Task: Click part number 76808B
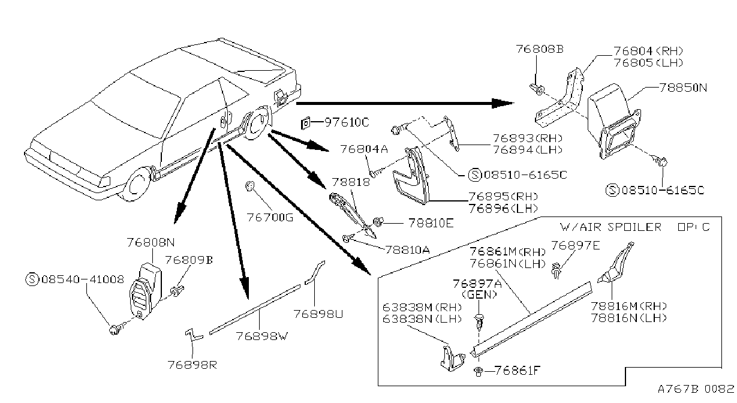point(540,49)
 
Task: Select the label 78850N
point(683,88)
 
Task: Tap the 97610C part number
point(347,122)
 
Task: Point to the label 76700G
point(270,218)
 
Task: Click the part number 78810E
point(431,223)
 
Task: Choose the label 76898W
point(262,336)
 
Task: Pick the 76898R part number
point(192,365)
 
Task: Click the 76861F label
point(518,371)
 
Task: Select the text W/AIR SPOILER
point(610,227)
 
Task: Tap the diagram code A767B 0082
point(696,389)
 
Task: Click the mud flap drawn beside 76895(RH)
point(411,176)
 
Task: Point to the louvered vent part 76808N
point(145,291)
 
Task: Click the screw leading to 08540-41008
point(116,328)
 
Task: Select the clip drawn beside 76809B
point(177,291)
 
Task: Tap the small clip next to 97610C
point(305,124)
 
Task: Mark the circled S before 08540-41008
point(32,279)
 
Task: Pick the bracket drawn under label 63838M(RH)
point(452,358)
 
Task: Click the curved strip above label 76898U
point(315,272)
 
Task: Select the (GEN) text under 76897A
point(479,294)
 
